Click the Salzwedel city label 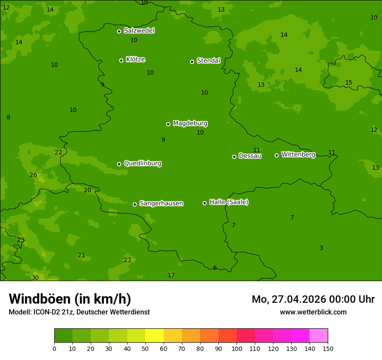pos(139,31)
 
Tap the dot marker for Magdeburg pos(168,124)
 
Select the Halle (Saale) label pos(229,202)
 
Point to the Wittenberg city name pos(298,154)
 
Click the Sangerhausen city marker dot pos(135,204)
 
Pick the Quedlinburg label pos(142,164)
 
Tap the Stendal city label pos(208,61)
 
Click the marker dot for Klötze pos(121,60)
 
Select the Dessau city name pos(250,156)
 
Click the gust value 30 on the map pos(35,278)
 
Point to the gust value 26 pos(33,175)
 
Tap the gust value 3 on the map pos(321,248)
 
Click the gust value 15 pos(349,82)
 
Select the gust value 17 pos(171,275)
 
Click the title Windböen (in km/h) pos(70,299)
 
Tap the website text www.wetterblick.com pos(313,312)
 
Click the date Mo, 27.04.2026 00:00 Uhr pos(313,299)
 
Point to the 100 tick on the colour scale pos(237,348)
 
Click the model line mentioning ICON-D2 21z pos(79,312)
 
